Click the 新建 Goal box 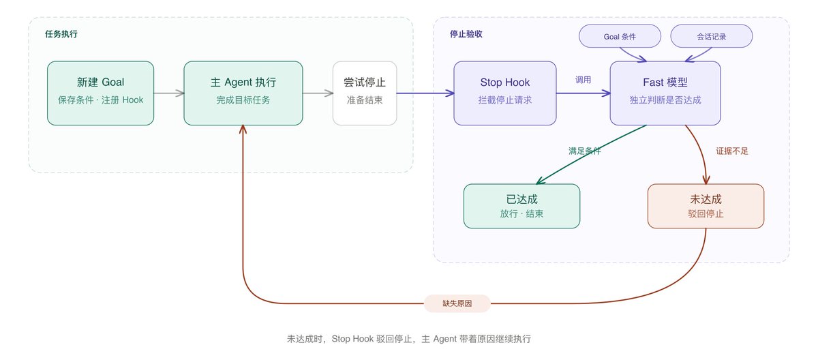point(100,93)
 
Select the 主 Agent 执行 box point(243,93)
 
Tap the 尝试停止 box point(365,93)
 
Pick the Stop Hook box point(505,93)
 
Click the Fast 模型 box point(665,93)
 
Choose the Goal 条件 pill point(620,36)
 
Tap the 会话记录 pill point(712,36)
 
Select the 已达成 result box point(522,206)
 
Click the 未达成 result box point(706,206)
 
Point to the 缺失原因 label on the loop point(457,303)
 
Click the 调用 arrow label point(584,80)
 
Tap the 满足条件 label point(585,151)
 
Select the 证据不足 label point(732,151)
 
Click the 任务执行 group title point(61,34)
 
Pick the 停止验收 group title point(466,34)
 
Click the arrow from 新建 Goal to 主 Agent point(169,93)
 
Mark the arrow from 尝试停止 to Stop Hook point(425,93)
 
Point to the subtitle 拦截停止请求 point(505,100)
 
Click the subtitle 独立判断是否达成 point(665,100)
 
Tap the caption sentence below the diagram point(409,339)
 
